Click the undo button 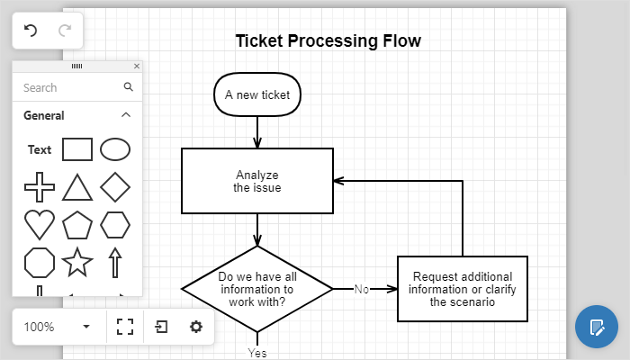click(x=30, y=31)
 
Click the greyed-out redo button click(x=65, y=31)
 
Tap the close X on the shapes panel click(x=137, y=66)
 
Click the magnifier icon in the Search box click(x=128, y=86)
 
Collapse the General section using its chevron click(x=126, y=115)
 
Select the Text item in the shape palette click(x=40, y=150)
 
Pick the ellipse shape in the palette click(x=115, y=149)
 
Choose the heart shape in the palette click(x=40, y=225)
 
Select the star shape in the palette click(x=77, y=263)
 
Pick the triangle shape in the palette click(x=77, y=187)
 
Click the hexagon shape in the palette click(x=115, y=225)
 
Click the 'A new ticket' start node click(x=257, y=94)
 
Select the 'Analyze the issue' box click(x=257, y=181)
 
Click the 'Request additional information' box click(x=463, y=289)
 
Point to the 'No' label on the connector click(x=362, y=289)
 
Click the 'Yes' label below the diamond click(x=257, y=353)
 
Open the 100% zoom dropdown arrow click(x=86, y=327)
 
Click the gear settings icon click(x=196, y=327)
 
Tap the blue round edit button click(x=597, y=327)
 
